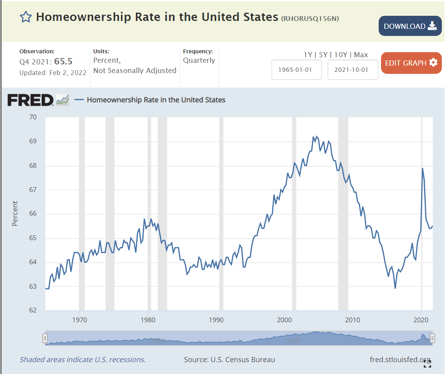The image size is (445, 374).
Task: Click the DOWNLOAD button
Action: (x=410, y=26)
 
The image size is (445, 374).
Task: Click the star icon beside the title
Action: (x=26, y=17)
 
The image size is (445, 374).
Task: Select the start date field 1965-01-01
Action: (x=297, y=70)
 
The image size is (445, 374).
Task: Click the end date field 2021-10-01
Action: (x=353, y=70)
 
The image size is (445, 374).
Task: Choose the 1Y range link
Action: (x=308, y=55)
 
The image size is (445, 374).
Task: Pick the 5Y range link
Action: (x=323, y=55)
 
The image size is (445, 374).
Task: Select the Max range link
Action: (x=361, y=55)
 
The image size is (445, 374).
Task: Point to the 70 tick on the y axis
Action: (x=33, y=117)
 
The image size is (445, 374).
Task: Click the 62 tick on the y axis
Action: (x=33, y=310)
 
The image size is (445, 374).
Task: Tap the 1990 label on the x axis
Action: (x=216, y=319)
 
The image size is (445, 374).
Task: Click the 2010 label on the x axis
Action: (x=353, y=319)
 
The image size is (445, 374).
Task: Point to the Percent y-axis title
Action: (x=15, y=214)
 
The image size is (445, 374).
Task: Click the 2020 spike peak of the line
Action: (x=422, y=169)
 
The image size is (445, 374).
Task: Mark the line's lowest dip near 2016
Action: (x=395, y=288)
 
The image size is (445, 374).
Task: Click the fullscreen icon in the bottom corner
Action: (x=427, y=364)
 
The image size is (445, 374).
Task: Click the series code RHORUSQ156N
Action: (x=310, y=19)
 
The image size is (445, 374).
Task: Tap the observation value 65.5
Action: (x=63, y=62)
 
